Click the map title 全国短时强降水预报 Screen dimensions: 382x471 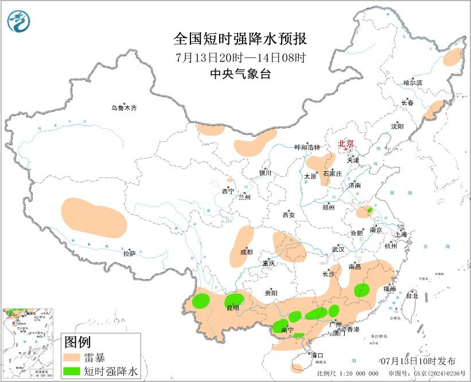[240, 39]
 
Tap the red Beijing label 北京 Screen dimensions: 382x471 [346, 144]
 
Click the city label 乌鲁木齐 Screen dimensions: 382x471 [124, 107]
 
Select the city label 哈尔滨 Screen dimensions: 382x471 [412, 83]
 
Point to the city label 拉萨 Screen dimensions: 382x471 [129, 253]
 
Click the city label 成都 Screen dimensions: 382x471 [246, 252]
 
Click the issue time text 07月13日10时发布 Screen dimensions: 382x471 [418, 361]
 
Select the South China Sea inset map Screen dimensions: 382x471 [29, 342]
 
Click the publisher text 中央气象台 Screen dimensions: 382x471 [240, 74]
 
